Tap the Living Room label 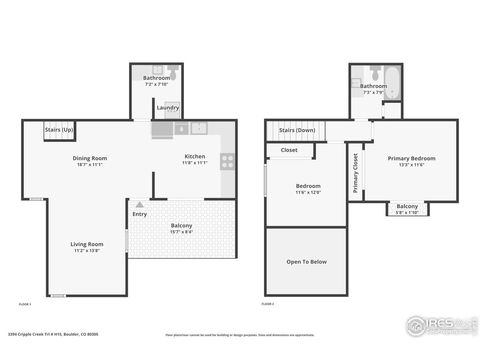(x=86, y=244)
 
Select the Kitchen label (x=195, y=157)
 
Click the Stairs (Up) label (x=59, y=130)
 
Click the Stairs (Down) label (x=297, y=130)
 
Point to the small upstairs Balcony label (x=407, y=206)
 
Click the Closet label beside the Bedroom (x=289, y=150)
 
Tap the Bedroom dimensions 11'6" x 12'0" (x=307, y=192)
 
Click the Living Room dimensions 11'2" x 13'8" (x=86, y=250)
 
